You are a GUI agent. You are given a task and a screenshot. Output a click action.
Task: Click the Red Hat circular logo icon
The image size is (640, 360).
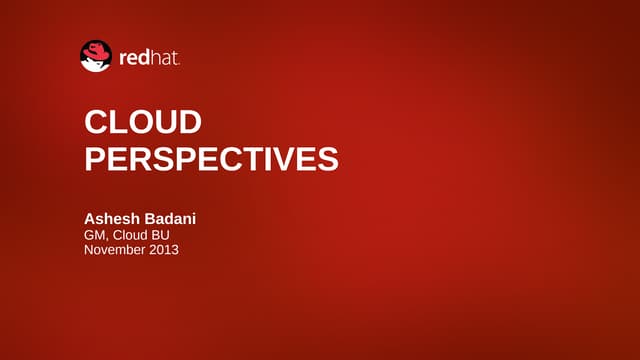coord(96,56)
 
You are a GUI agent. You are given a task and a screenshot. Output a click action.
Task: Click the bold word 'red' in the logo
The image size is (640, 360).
coord(134,59)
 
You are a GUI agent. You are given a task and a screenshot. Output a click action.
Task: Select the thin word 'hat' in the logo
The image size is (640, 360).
coord(164,59)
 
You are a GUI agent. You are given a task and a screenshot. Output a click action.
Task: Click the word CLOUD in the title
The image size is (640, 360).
coord(143,123)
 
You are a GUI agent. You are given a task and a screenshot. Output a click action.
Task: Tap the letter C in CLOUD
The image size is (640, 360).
coord(96,123)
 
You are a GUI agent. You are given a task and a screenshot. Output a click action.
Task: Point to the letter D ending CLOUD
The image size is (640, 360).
coord(190,123)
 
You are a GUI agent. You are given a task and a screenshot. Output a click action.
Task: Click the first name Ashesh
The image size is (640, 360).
coord(113,219)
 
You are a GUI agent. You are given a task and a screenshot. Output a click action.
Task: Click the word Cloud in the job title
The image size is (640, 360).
coord(131,235)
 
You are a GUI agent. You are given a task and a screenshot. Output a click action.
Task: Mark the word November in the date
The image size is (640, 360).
coord(115,250)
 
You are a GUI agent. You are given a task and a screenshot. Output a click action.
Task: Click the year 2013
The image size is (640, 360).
coord(165,250)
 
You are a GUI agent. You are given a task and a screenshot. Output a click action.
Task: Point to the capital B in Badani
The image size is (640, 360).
coord(152,219)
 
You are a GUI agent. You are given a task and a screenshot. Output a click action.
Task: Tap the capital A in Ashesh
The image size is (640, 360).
coord(90,219)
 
